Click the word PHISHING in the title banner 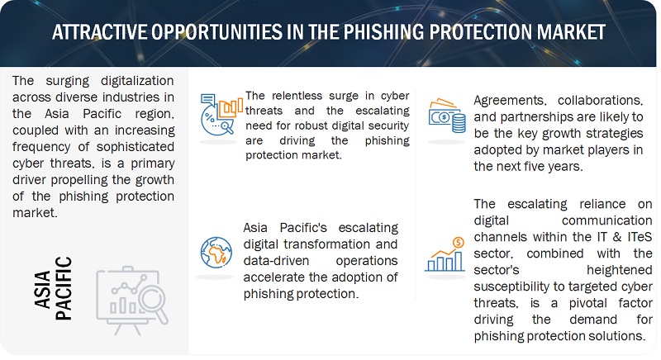[x=383, y=32]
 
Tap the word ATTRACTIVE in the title [x=99, y=32]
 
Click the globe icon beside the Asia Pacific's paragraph [x=216, y=253]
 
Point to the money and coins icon [x=447, y=116]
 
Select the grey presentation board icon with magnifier [x=132, y=301]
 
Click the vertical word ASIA [x=43, y=290]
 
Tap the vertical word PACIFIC [x=64, y=288]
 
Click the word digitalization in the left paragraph [x=137, y=81]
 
